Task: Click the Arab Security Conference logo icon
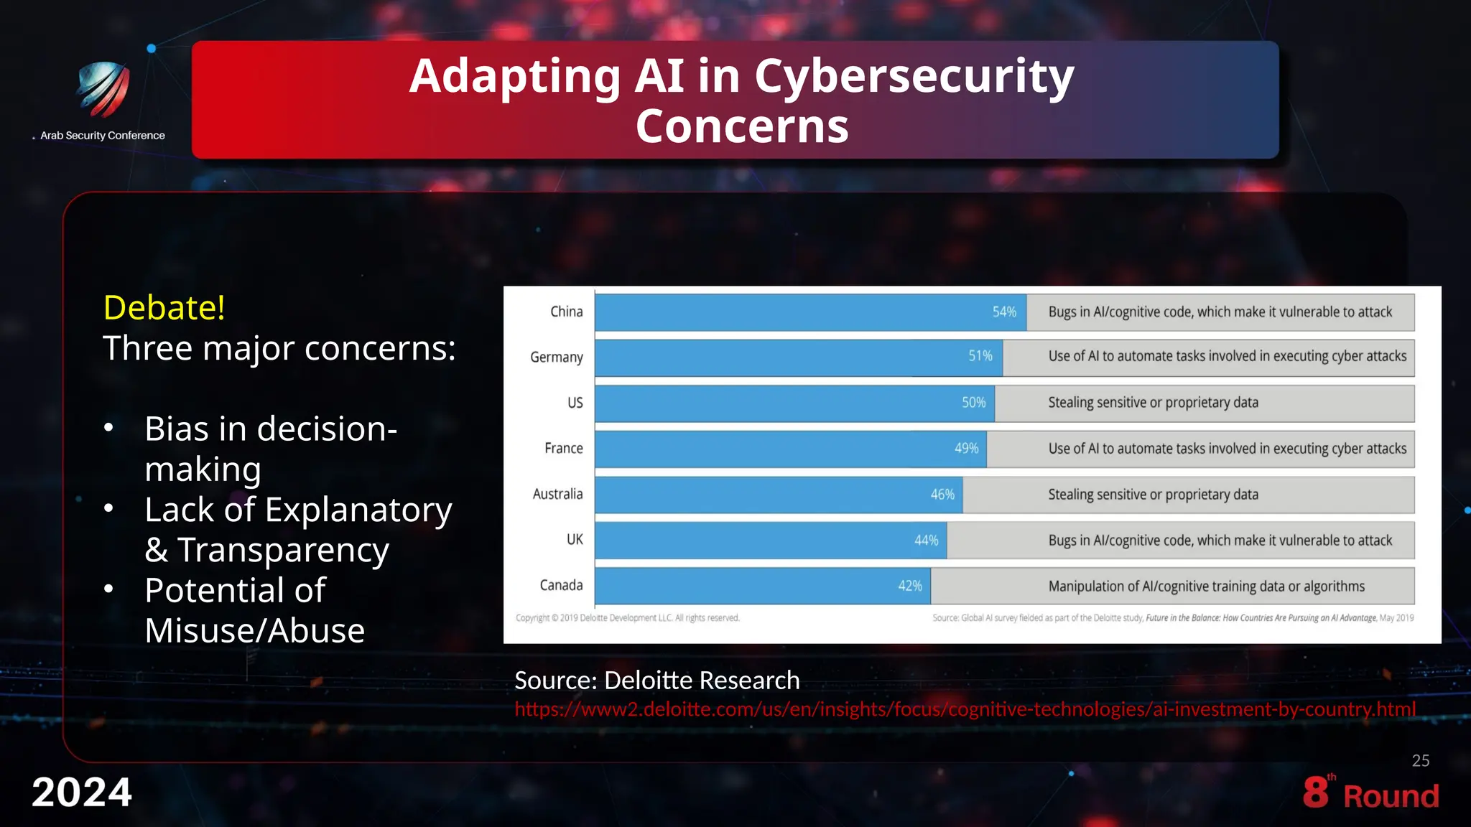(103, 89)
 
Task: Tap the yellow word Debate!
(164, 307)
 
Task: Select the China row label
(566, 312)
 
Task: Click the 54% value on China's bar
(1004, 312)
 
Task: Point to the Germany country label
(556, 357)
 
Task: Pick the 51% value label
(980, 356)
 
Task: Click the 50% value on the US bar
(973, 403)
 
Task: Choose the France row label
(563, 448)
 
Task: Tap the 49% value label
(966, 448)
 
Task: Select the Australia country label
(557, 494)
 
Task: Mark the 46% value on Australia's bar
(942, 495)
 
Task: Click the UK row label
(575, 539)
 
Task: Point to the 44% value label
(926, 540)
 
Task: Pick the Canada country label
(561, 585)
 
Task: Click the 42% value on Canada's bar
(910, 586)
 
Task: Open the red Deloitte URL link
(965, 709)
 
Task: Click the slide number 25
(1420, 761)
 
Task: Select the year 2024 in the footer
(82, 793)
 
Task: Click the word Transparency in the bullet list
(283, 550)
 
